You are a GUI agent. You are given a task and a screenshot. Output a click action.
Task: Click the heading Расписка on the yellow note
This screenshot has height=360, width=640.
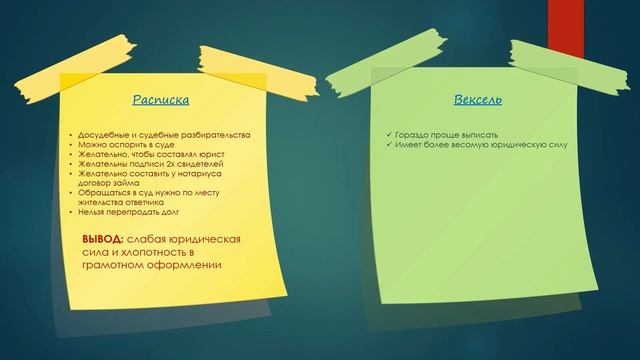(x=161, y=100)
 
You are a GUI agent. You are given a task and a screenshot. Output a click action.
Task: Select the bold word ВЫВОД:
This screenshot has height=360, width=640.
(x=103, y=241)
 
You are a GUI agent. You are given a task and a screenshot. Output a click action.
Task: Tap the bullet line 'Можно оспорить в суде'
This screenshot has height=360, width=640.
(x=121, y=145)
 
